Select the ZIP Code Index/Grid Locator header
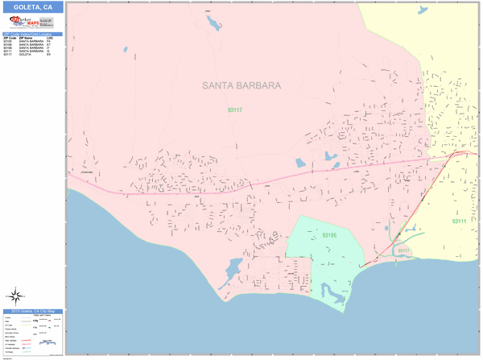tap(32, 34)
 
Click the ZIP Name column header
tap(26, 38)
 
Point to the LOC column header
tap(50, 38)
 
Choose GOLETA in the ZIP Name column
tap(24, 54)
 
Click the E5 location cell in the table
tap(49, 54)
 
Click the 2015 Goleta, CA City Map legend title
tap(32, 311)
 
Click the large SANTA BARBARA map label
tap(241, 85)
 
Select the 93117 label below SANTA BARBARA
tap(234, 110)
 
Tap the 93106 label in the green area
tap(329, 236)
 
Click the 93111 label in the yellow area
tap(460, 221)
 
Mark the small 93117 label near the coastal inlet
tap(403, 250)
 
